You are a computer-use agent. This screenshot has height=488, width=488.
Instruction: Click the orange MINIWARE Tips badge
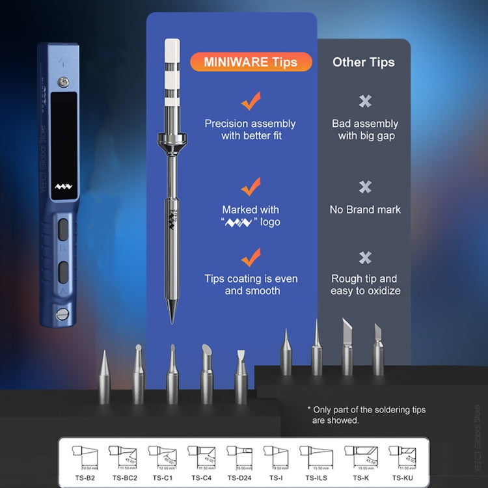[251, 62]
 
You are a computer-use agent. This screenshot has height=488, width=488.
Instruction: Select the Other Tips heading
[363, 62]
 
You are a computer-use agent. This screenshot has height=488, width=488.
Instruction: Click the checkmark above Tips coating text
[251, 257]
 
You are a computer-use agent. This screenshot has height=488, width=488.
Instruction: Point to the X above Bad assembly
[365, 101]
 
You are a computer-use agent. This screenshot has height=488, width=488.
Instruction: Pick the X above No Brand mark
[365, 187]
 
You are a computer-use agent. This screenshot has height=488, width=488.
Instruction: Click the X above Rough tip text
[365, 258]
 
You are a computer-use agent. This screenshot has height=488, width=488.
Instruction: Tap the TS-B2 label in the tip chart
[84, 478]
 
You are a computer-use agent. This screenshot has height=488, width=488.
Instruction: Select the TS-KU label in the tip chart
[403, 478]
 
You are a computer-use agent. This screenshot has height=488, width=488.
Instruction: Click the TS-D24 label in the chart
[240, 478]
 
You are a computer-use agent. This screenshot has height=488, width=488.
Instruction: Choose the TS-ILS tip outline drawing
[316, 456]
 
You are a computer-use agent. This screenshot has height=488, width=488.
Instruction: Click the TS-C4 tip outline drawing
[201, 456]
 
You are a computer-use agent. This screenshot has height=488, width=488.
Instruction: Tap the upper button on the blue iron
[63, 230]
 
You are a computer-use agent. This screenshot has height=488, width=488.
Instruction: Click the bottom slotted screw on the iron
[63, 315]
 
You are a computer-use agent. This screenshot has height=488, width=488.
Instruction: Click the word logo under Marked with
[269, 222]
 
